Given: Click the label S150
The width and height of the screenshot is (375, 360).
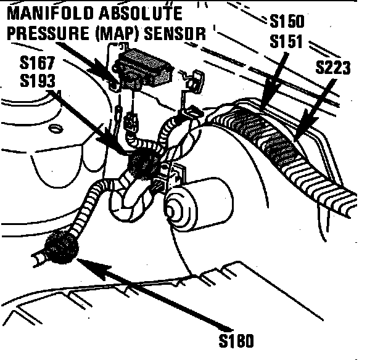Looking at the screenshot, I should point(287,23).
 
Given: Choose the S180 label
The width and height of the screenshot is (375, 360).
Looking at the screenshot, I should point(236,340).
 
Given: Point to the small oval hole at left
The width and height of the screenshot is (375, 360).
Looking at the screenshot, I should point(56,128).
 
